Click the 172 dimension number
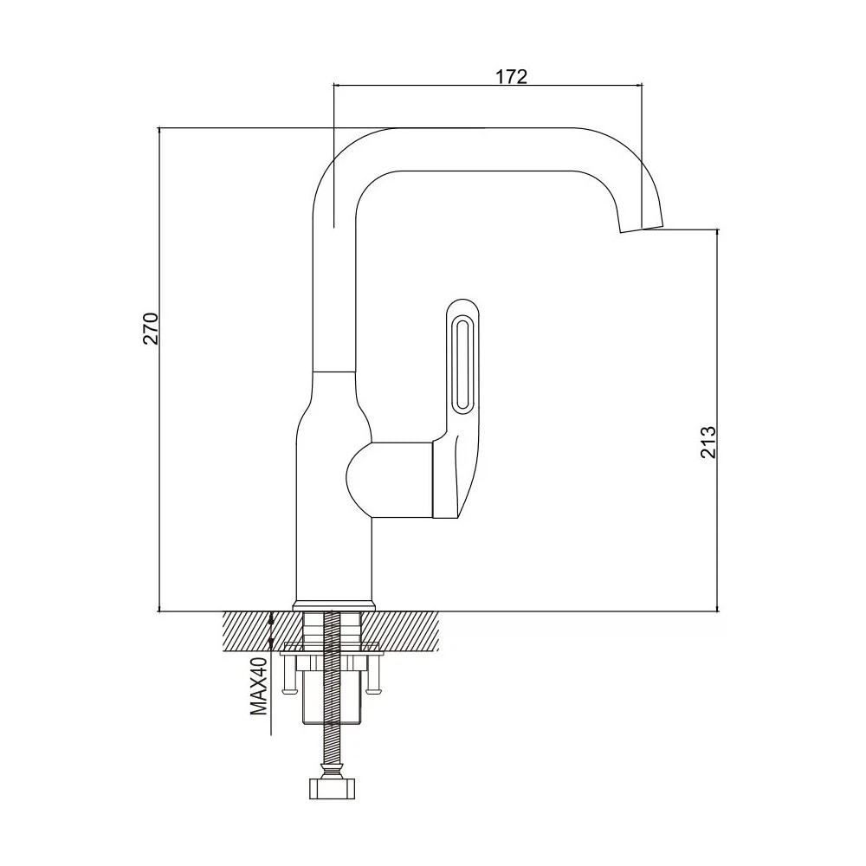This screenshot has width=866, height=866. [x=510, y=76]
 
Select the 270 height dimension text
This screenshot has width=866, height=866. [x=152, y=328]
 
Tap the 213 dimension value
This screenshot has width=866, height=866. [x=708, y=442]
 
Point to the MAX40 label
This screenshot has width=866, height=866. [x=259, y=687]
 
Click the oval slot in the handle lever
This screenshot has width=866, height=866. [x=462, y=364]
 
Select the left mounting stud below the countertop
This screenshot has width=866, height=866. [x=289, y=672]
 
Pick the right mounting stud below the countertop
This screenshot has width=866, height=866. [x=373, y=672]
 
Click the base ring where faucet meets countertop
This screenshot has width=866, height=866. [x=334, y=605]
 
